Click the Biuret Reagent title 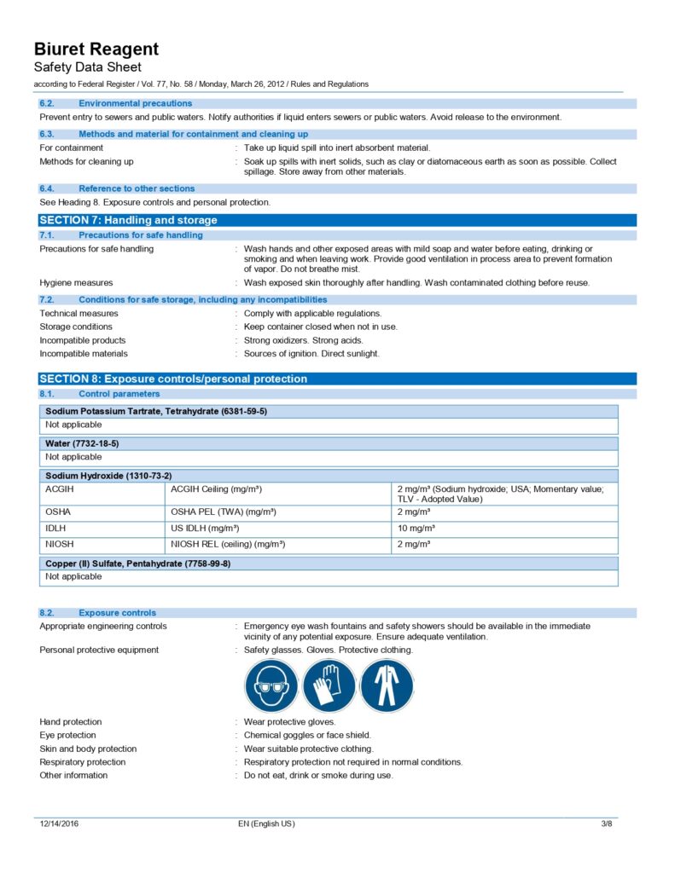96,49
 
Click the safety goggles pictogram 271,685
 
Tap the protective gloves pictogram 329,685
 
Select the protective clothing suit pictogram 386,685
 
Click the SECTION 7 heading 128,220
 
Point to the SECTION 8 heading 173,379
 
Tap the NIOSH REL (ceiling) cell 228,544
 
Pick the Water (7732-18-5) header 82,443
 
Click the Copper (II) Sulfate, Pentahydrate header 137,564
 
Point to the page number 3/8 607,824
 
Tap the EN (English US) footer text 266,824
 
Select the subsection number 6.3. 47,134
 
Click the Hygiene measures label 76,282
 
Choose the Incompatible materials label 84,354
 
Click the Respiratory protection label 82,762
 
